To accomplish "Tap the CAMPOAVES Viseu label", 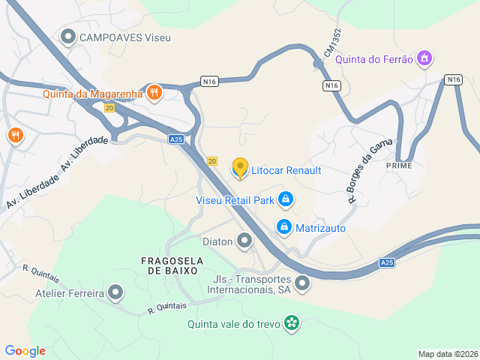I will tap(125, 37).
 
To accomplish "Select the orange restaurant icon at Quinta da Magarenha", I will tap(154, 92).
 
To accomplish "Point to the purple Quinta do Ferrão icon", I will tap(425, 58).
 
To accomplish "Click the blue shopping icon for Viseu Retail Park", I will tap(285, 199).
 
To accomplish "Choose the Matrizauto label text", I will tap(320, 227).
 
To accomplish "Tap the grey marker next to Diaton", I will tap(244, 241).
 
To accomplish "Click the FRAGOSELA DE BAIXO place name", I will tap(169, 265).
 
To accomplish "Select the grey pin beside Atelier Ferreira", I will tap(115, 292).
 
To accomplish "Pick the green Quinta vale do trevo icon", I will tap(292, 324).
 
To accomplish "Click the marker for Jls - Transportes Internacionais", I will tap(301, 283).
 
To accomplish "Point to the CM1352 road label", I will tap(333, 43).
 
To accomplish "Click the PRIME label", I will tap(400, 165).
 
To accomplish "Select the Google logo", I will tap(25, 351).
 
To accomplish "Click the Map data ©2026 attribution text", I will tap(448, 354).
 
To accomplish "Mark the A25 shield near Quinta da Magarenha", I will tap(175, 139).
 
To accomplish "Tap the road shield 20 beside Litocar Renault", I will tap(212, 161).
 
